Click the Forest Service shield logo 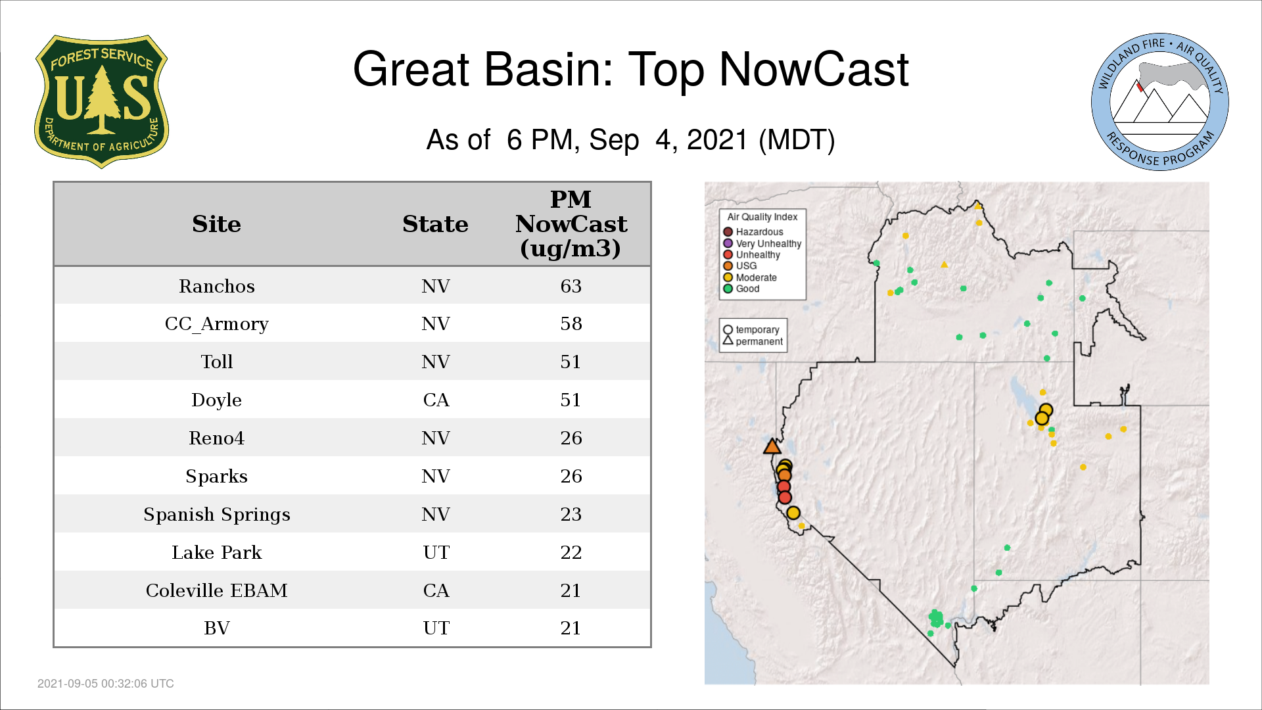pyautogui.click(x=101, y=102)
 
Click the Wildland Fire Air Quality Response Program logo pyautogui.click(x=1159, y=102)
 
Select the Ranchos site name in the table pyautogui.click(x=217, y=286)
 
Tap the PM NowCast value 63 pyautogui.click(x=571, y=286)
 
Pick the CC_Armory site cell pyautogui.click(x=217, y=324)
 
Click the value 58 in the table pyautogui.click(x=571, y=323)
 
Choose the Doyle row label pyautogui.click(x=217, y=400)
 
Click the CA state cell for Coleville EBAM pyautogui.click(x=436, y=590)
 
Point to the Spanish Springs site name pyautogui.click(x=217, y=515)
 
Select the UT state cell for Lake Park pyautogui.click(x=436, y=552)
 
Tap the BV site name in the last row pyautogui.click(x=217, y=628)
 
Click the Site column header pyautogui.click(x=217, y=224)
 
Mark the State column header pyautogui.click(x=435, y=224)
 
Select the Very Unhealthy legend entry pyautogui.click(x=762, y=243)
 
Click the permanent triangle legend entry pyautogui.click(x=753, y=341)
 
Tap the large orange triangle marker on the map pyautogui.click(x=772, y=447)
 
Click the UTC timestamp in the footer pyautogui.click(x=106, y=684)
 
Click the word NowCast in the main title pyautogui.click(x=814, y=69)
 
